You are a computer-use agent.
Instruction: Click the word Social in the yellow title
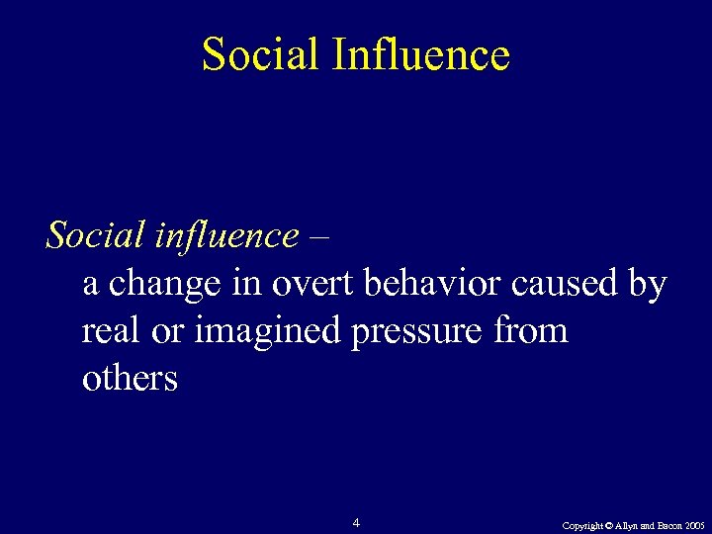coord(261,54)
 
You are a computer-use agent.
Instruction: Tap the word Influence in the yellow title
coord(421,54)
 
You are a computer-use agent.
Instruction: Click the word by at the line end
coord(649,286)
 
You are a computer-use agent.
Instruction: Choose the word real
coord(110,330)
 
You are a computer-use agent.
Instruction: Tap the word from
coord(535,330)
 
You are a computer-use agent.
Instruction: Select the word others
coord(130,378)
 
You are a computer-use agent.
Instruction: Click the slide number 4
coord(356,522)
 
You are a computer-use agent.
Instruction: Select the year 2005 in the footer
coord(694,526)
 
